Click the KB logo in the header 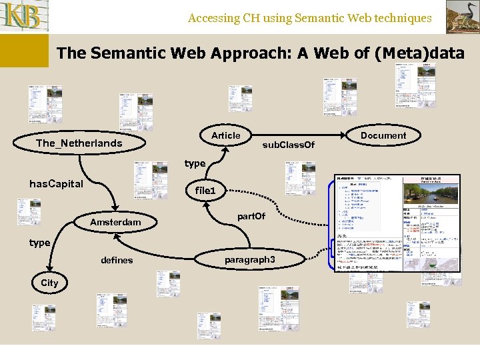pyautogui.click(x=25, y=17)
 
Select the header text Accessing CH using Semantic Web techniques pyautogui.click(x=309, y=18)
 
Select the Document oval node pyautogui.click(x=383, y=135)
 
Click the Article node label pyautogui.click(x=225, y=135)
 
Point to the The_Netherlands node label pyautogui.click(x=79, y=143)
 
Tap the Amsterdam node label pyautogui.click(x=115, y=222)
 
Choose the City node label pyautogui.click(x=49, y=283)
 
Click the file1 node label pyautogui.click(x=205, y=191)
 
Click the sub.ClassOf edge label pyautogui.click(x=288, y=145)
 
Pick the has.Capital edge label pyautogui.click(x=56, y=184)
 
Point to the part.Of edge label pyautogui.click(x=251, y=216)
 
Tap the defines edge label pyautogui.click(x=117, y=260)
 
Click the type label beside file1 pyautogui.click(x=195, y=163)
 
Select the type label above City pyautogui.click(x=39, y=243)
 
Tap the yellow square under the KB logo pyautogui.click(x=24, y=51)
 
